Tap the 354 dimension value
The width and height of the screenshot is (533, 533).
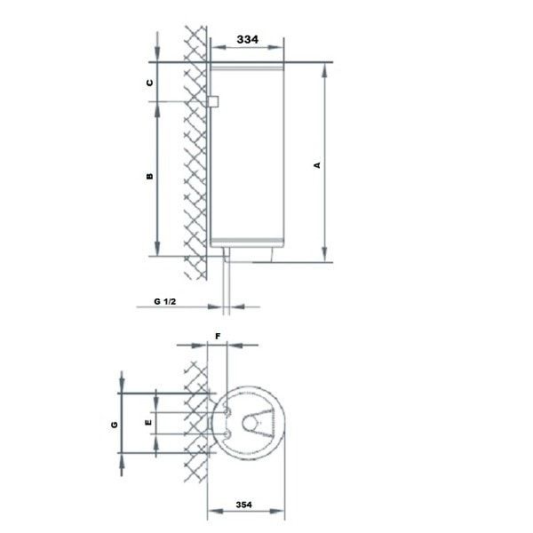tap(244, 505)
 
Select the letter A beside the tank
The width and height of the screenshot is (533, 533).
tap(317, 164)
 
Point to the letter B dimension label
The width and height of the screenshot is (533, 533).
tap(149, 176)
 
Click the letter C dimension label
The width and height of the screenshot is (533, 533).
tap(149, 82)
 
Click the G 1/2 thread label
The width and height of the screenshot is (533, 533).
tap(166, 302)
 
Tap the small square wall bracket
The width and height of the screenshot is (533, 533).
tap(213, 103)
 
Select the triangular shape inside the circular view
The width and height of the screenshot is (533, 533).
tap(258, 427)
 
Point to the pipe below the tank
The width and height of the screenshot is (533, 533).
tap(228, 284)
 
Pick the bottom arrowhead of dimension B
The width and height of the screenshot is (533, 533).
tap(156, 251)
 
